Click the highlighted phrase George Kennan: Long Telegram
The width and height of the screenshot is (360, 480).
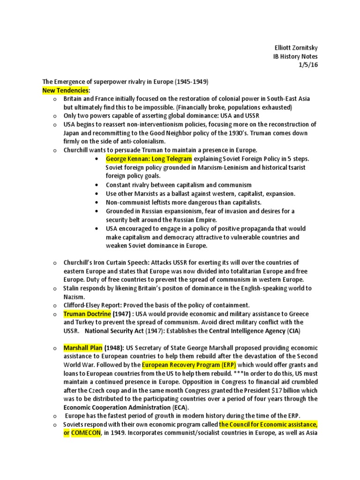pos(149,159)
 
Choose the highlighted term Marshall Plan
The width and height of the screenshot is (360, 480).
pos(83,348)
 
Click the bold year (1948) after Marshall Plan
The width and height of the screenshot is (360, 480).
pos(114,348)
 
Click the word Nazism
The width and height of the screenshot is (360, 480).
pos(75,297)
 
